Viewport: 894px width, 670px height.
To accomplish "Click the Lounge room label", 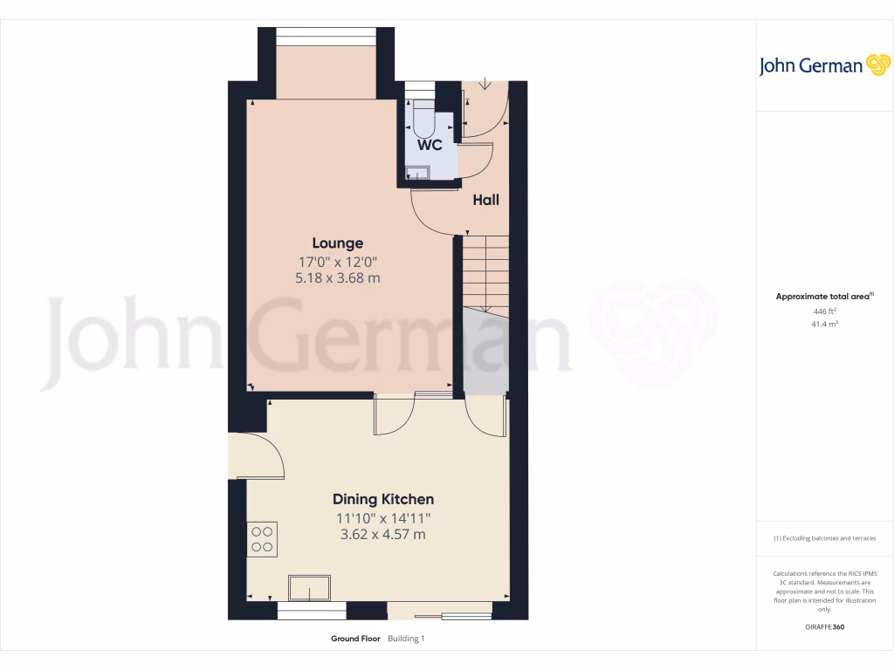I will (x=338, y=243).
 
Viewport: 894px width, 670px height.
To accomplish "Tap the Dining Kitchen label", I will (x=382, y=500).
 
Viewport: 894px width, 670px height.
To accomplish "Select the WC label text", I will (x=429, y=146).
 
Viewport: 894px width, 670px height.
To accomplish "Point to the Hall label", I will (x=485, y=200).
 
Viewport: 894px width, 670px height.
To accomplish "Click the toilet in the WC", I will (x=423, y=119).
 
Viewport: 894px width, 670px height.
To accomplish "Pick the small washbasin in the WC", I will (x=417, y=174).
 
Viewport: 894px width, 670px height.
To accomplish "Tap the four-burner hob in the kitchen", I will (x=262, y=538).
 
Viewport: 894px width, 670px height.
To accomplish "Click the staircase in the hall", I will (x=485, y=270).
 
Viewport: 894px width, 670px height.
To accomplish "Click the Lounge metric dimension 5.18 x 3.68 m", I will (x=338, y=278).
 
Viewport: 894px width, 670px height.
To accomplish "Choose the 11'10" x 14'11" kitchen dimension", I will (x=382, y=518).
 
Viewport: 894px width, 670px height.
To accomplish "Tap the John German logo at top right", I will (x=823, y=66).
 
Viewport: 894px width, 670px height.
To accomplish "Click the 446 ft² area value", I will (x=824, y=311).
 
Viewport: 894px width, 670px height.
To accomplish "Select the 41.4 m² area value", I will (x=824, y=324).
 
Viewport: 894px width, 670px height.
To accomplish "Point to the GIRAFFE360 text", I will (x=824, y=627).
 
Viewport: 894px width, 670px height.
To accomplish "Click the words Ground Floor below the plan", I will (x=355, y=639).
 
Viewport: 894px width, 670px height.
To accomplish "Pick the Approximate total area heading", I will (x=823, y=297).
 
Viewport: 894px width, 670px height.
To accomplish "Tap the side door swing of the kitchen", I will (x=262, y=455).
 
